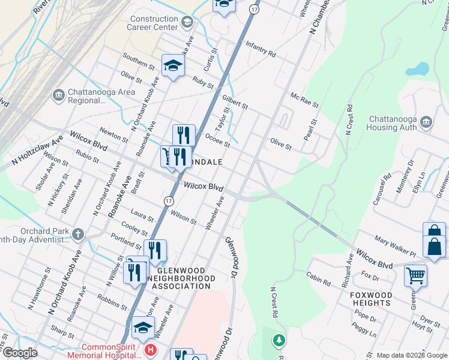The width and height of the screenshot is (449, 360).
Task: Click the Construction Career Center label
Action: tap(154, 23)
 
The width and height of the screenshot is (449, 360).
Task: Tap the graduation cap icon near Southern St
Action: tap(172, 66)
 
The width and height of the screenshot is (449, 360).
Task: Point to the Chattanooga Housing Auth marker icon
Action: tap(427, 123)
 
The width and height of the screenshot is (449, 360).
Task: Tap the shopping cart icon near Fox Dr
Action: tap(415, 275)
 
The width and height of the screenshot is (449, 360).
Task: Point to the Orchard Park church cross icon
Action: tap(77, 233)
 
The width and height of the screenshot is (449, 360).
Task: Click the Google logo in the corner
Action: tap(20, 353)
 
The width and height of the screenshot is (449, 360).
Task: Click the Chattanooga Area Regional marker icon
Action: tap(58, 95)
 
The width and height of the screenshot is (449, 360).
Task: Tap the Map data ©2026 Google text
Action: tap(412, 355)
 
